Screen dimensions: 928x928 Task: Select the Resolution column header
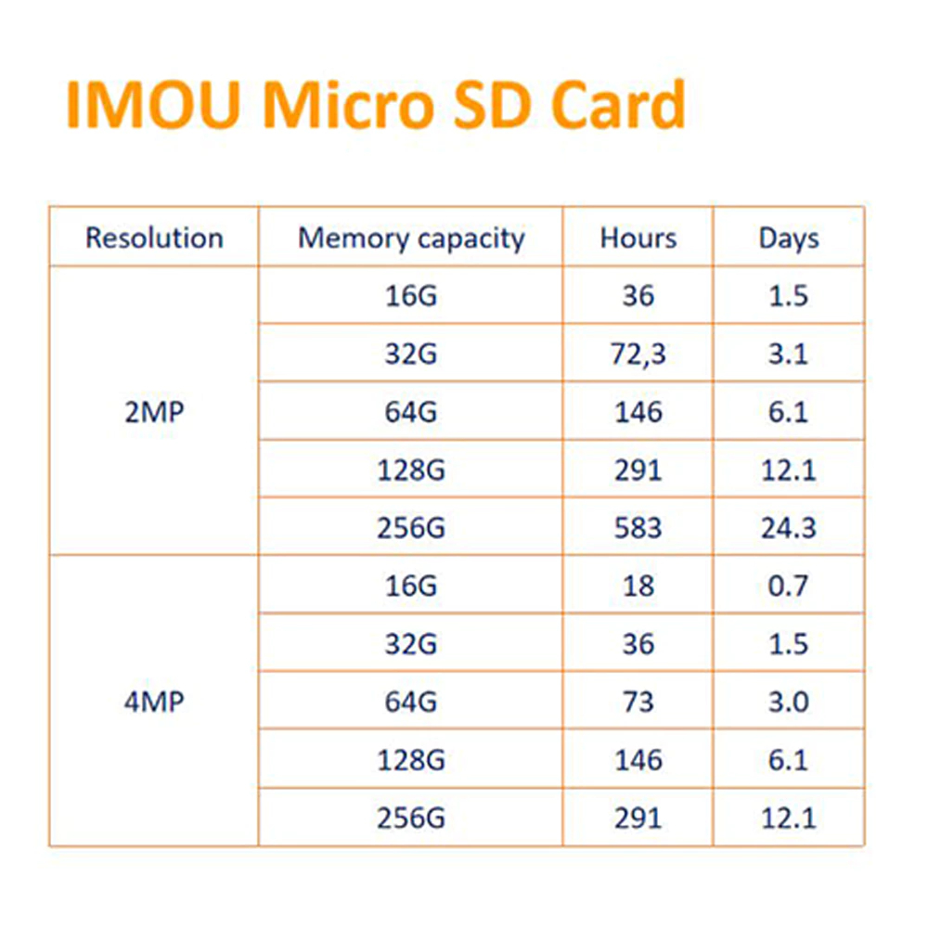click(154, 238)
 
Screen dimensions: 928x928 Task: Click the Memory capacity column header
click(411, 238)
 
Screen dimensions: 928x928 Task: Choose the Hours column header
click(638, 238)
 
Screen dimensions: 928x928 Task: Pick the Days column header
click(789, 238)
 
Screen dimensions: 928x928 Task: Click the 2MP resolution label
click(154, 412)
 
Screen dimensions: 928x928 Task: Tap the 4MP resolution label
click(154, 702)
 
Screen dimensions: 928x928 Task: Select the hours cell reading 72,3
click(638, 354)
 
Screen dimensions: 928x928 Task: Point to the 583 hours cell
click(638, 528)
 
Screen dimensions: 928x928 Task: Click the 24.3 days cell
click(789, 528)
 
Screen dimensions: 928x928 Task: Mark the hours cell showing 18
click(638, 586)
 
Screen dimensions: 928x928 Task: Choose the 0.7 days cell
click(789, 586)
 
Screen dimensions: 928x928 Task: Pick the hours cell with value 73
click(638, 702)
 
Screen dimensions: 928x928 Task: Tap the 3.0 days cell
click(789, 702)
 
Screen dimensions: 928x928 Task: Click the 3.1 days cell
click(789, 354)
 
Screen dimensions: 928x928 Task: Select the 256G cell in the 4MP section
click(411, 818)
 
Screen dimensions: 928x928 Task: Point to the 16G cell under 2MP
click(411, 296)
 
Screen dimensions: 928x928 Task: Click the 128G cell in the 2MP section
click(411, 470)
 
